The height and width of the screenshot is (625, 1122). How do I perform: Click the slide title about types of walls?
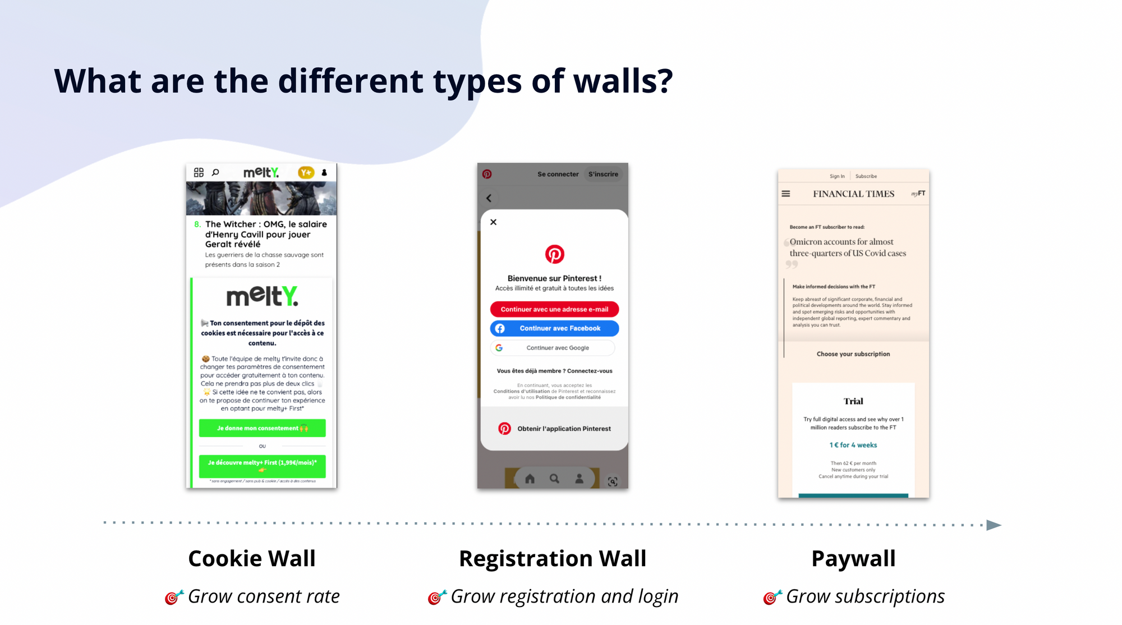363,81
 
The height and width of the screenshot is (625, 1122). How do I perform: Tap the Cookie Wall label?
252,558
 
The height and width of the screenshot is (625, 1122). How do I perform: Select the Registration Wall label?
553,558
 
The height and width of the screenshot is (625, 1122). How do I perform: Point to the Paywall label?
853,558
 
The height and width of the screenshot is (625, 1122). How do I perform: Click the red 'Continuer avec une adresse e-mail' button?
554,309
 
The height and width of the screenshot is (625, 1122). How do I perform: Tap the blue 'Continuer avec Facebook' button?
554,328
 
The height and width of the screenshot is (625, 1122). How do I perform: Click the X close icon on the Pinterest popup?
493,222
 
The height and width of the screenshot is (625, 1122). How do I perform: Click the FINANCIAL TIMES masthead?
853,194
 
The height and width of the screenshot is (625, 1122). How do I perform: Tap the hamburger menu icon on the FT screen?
786,194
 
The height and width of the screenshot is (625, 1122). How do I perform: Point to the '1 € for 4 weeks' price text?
853,445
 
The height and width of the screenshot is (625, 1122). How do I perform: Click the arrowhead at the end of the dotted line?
994,525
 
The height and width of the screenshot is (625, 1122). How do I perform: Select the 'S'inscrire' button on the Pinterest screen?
603,174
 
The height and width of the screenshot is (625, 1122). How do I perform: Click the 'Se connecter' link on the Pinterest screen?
558,174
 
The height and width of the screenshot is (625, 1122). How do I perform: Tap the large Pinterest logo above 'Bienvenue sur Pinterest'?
554,254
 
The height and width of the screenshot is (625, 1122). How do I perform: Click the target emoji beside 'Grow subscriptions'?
772,598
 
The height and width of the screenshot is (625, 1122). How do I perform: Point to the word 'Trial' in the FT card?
853,401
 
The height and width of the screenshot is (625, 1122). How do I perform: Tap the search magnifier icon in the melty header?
215,173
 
